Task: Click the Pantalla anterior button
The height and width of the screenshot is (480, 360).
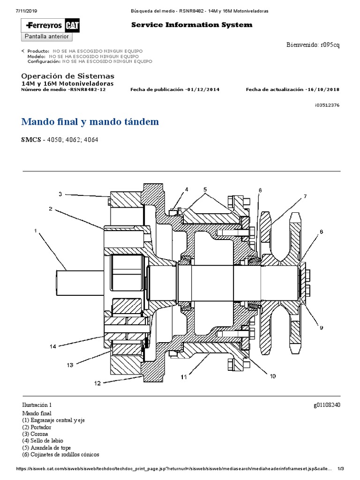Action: [46, 37]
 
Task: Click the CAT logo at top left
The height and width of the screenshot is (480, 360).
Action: [71, 25]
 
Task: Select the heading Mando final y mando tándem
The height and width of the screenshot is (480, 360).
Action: [90, 122]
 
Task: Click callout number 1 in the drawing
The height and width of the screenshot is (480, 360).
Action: [35, 231]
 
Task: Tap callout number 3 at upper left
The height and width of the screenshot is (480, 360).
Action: [60, 194]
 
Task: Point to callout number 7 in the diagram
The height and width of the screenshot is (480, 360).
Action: [305, 196]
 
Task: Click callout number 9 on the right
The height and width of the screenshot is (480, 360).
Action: [321, 328]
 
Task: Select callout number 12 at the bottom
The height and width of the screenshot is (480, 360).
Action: [97, 383]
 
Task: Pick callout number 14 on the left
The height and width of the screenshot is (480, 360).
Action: [53, 346]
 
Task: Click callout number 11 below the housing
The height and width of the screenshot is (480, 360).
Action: [184, 376]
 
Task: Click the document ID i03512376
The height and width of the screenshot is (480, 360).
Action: [327, 105]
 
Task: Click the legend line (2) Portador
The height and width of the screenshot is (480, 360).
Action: [37, 427]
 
